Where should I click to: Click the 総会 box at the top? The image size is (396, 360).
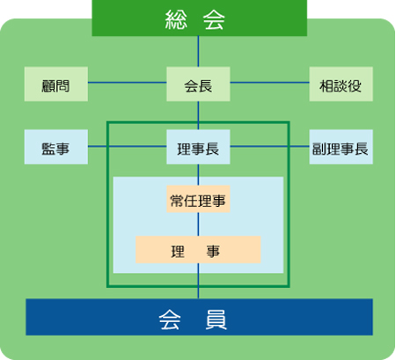click(200, 18)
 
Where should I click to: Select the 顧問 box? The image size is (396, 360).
click(56, 84)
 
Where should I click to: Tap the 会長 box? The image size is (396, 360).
click(198, 84)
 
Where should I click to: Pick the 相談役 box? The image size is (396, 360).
click(341, 84)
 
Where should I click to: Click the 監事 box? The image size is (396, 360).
click(56, 147)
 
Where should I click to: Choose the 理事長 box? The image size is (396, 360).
click(198, 147)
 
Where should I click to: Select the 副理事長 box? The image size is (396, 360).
click(341, 147)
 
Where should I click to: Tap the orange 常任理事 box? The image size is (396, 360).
click(198, 199)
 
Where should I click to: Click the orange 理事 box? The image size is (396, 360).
click(198, 249)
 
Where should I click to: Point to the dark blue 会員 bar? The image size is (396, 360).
click(200, 317)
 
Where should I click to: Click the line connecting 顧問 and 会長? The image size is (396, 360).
click(128, 83)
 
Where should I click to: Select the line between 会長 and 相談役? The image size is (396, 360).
click(270, 83)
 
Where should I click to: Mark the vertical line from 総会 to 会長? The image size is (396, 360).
click(198, 52)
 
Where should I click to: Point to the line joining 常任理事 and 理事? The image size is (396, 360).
click(198, 224)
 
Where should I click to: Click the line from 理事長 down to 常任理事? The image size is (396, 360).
click(198, 174)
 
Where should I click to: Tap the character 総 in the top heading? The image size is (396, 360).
click(176, 19)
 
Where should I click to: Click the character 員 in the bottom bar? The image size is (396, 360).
click(216, 320)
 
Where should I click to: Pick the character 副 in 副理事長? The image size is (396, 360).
click(319, 149)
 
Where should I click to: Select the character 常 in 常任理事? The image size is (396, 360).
click(177, 202)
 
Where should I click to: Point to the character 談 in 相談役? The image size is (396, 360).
click(341, 86)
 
